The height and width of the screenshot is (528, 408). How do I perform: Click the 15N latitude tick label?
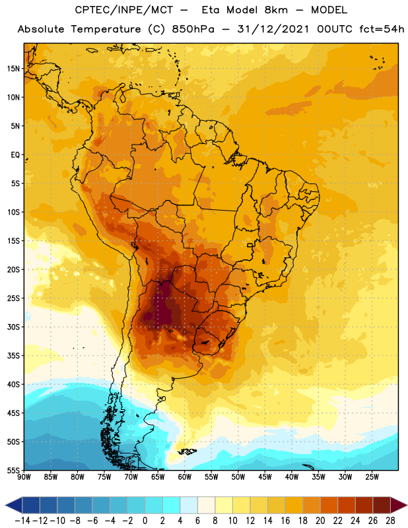(13, 69)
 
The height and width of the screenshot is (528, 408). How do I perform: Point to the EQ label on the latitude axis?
(15, 155)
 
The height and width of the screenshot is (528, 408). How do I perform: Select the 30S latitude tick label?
(13, 327)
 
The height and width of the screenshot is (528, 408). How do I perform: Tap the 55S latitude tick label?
(13, 471)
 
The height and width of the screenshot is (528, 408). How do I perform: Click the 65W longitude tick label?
(158, 477)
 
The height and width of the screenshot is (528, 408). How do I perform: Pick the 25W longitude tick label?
(372, 477)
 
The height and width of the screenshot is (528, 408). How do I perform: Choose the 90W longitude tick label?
(24, 477)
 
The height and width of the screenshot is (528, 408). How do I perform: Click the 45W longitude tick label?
(265, 477)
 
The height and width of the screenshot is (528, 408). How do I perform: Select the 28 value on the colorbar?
(390, 521)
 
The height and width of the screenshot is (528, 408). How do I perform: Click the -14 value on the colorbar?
(22, 521)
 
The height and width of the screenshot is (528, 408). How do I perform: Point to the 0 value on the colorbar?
(145, 521)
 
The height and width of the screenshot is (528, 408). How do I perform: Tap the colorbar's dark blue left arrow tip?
(5, 506)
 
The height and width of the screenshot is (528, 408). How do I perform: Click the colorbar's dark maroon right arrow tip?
(407, 506)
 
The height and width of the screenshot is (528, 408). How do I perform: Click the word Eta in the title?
(211, 10)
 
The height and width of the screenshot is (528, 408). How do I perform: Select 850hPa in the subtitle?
(193, 29)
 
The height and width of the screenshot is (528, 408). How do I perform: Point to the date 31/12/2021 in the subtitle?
(273, 29)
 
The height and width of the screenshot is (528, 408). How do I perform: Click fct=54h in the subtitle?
(382, 29)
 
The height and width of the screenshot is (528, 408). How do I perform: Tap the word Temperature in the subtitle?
(106, 30)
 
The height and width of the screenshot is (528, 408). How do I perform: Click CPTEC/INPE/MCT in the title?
(124, 10)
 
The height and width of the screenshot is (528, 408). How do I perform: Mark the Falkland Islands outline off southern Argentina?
(187, 451)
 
